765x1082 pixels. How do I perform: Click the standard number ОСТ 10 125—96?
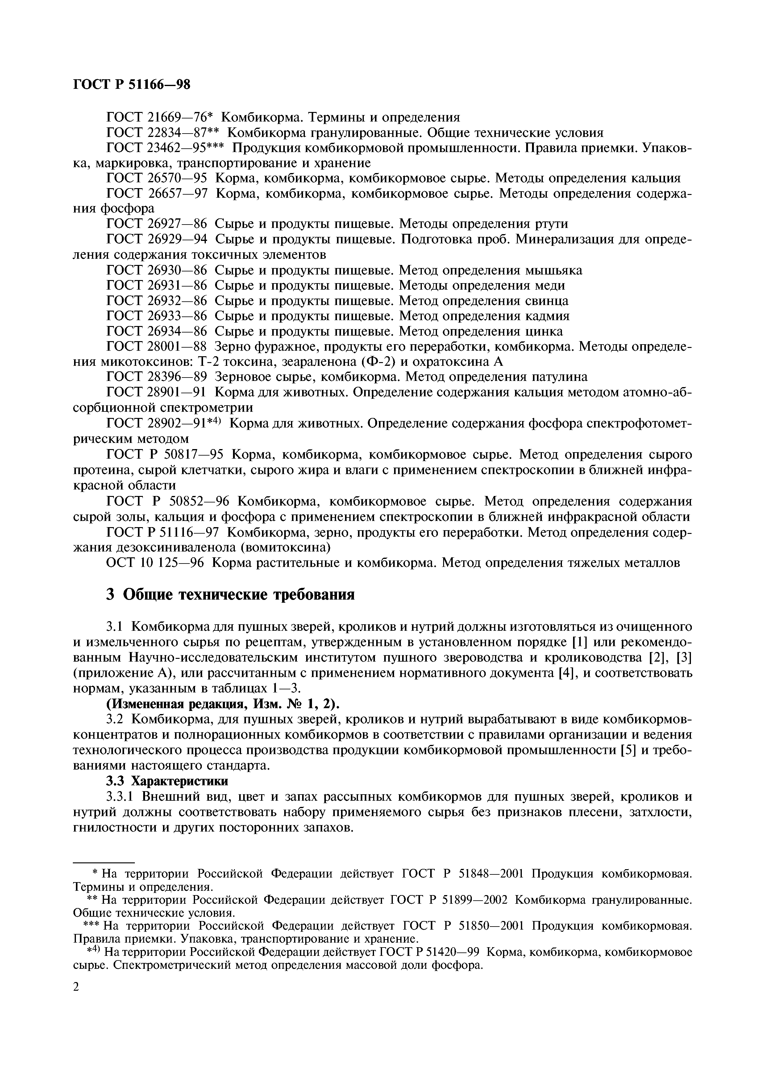(156, 563)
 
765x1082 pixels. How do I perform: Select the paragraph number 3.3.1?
(122, 796)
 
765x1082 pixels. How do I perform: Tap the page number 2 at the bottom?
(77, 985)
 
